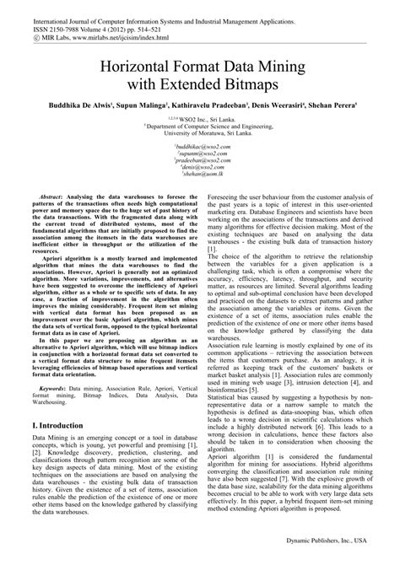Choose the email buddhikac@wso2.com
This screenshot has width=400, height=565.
(200, 146)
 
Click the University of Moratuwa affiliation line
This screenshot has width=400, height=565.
(200, 132)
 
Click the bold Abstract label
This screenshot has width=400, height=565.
(49, 193)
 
